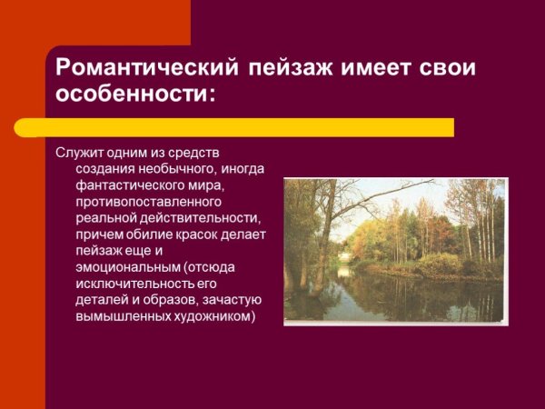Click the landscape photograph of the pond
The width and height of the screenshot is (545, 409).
coord(395,250)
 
